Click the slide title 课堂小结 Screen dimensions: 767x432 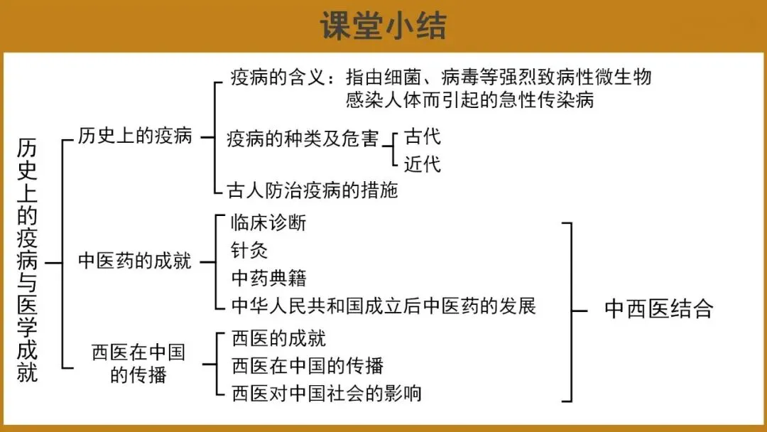tap(383, 26)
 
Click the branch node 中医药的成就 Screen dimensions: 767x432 tap(135, 261)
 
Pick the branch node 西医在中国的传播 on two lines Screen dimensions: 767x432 tap(138, 363)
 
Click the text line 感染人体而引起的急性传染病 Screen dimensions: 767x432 tap(469, 99)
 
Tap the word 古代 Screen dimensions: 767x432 tap(423, 136)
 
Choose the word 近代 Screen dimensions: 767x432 tap(423, 164)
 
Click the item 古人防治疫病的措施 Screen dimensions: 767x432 tap(312, 190)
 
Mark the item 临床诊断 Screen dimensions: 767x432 tap(269, 222)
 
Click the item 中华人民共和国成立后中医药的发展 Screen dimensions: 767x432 tap(383, 306)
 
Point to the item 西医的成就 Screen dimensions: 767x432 tap(279, 339)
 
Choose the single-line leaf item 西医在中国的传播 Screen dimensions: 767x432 tap(308, 366)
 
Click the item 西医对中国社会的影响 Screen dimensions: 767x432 tap(327, 392)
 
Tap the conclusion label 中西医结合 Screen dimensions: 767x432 tap(658, 309)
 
